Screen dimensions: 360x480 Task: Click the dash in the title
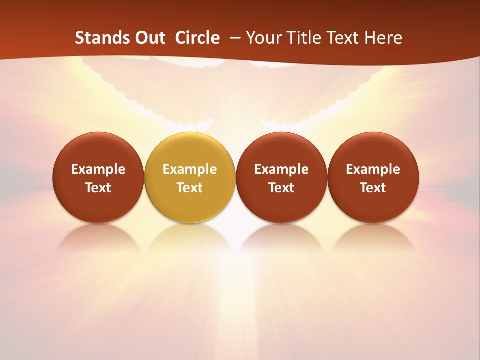point(234,38)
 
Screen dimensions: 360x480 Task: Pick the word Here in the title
point(383,38)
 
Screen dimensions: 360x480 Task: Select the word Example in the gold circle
point(190,169)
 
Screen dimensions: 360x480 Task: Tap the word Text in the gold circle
point(190,188)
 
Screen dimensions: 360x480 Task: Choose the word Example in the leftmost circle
point(98,169)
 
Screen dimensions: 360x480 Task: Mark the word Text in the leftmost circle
point(98,188)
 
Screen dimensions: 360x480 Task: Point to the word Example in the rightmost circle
point(373,169)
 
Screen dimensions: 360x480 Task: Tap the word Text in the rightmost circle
point(373,188)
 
